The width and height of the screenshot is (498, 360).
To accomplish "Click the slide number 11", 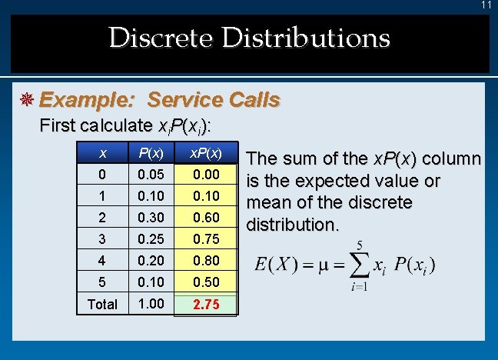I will tap(486, 5).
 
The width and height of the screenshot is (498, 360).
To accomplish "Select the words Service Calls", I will tap(213, 100).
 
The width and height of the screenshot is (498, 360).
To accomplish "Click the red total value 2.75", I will tap(206, 305).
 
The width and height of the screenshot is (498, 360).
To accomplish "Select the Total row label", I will tap(102, 305).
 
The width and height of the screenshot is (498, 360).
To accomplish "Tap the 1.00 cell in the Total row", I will tap(151, 304).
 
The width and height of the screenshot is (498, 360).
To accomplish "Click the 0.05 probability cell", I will tap(151, 175).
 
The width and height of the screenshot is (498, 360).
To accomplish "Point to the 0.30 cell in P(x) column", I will tap(151, 218).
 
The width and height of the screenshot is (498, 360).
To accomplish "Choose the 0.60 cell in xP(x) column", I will tap(206, 218).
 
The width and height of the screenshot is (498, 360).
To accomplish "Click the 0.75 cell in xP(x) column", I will tap(206, 239).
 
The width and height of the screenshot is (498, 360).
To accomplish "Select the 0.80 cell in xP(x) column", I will tap(206, 261).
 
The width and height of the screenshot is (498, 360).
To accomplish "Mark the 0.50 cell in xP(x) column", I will tap(206, 282).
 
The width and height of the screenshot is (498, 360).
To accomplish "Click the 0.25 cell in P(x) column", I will tap(151, 239).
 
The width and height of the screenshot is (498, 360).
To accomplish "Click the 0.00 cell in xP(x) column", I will tap(206, 175).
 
